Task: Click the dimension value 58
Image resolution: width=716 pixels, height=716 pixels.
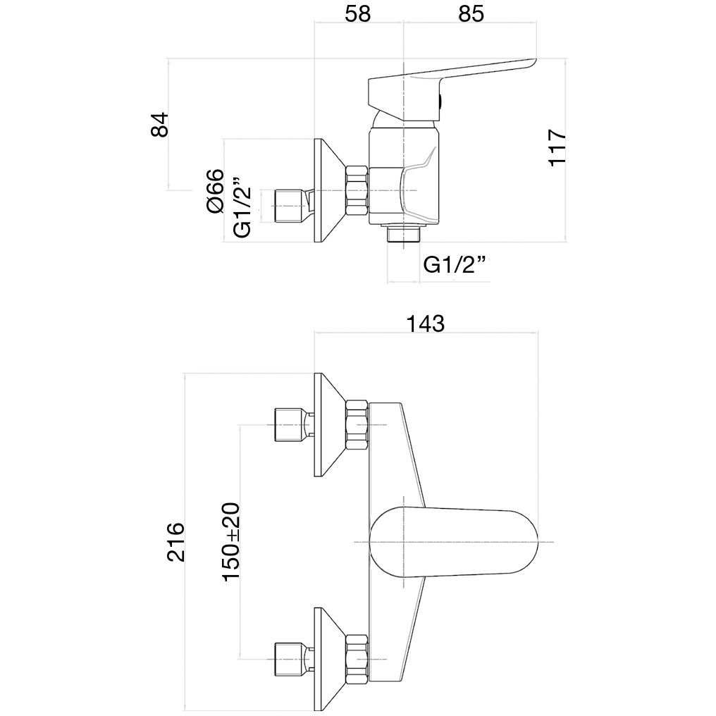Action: coord(357,14)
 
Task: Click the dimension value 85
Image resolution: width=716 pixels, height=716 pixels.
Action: coord(471,14)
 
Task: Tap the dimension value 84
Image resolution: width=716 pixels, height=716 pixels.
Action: coord(160,124)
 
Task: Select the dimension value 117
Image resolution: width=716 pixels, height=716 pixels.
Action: coord(557,147)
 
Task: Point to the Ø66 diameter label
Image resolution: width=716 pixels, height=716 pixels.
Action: coord(216,191)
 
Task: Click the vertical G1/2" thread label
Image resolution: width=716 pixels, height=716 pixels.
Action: coord(242,207)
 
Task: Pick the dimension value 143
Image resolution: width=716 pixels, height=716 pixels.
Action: coord(425,323)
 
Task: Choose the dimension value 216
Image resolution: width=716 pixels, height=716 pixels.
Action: coord(175,542)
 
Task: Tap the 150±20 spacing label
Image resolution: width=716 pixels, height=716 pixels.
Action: coord(231,541)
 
